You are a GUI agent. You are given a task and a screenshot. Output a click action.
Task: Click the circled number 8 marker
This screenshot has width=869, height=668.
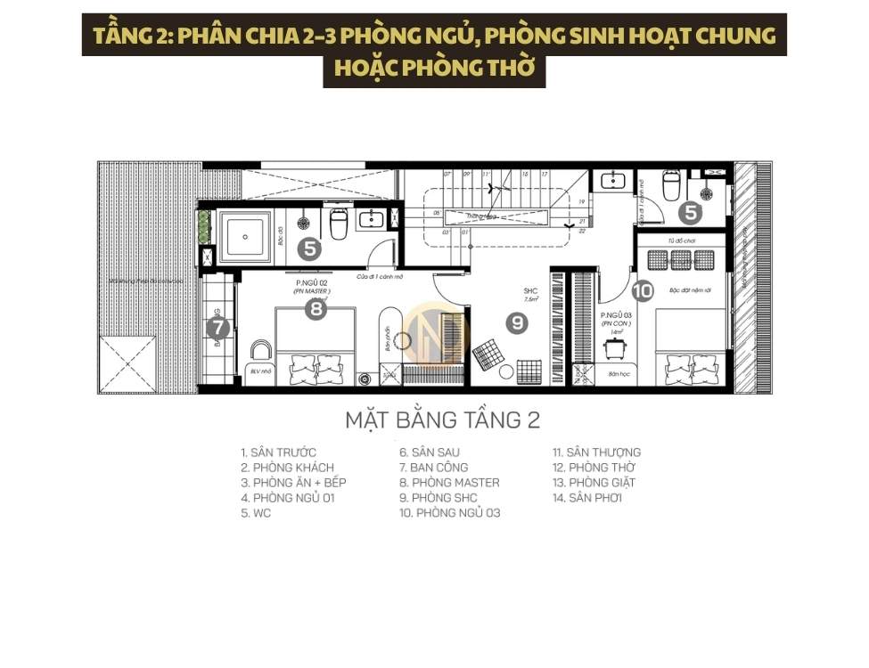[315, 309]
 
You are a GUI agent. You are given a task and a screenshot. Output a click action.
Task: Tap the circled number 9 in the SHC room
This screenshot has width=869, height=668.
[517, 323]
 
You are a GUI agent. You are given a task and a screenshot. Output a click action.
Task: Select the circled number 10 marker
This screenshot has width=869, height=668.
[642, 290]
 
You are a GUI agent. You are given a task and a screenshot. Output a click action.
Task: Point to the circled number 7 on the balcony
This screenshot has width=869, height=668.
[217, 329]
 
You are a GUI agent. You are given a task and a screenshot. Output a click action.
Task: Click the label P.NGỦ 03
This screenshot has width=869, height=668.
[615, 315]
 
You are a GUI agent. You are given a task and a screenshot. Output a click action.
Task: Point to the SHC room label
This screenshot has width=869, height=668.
[529, 291]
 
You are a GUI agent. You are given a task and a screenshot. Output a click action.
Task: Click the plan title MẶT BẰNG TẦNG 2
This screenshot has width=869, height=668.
[442, 419]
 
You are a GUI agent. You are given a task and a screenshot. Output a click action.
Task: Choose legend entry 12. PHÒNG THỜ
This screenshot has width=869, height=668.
[594, 468]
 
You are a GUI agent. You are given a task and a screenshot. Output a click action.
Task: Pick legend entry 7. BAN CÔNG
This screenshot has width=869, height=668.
[433, 468]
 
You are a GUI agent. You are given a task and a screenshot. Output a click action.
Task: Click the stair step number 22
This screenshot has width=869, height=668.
[581, 231]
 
